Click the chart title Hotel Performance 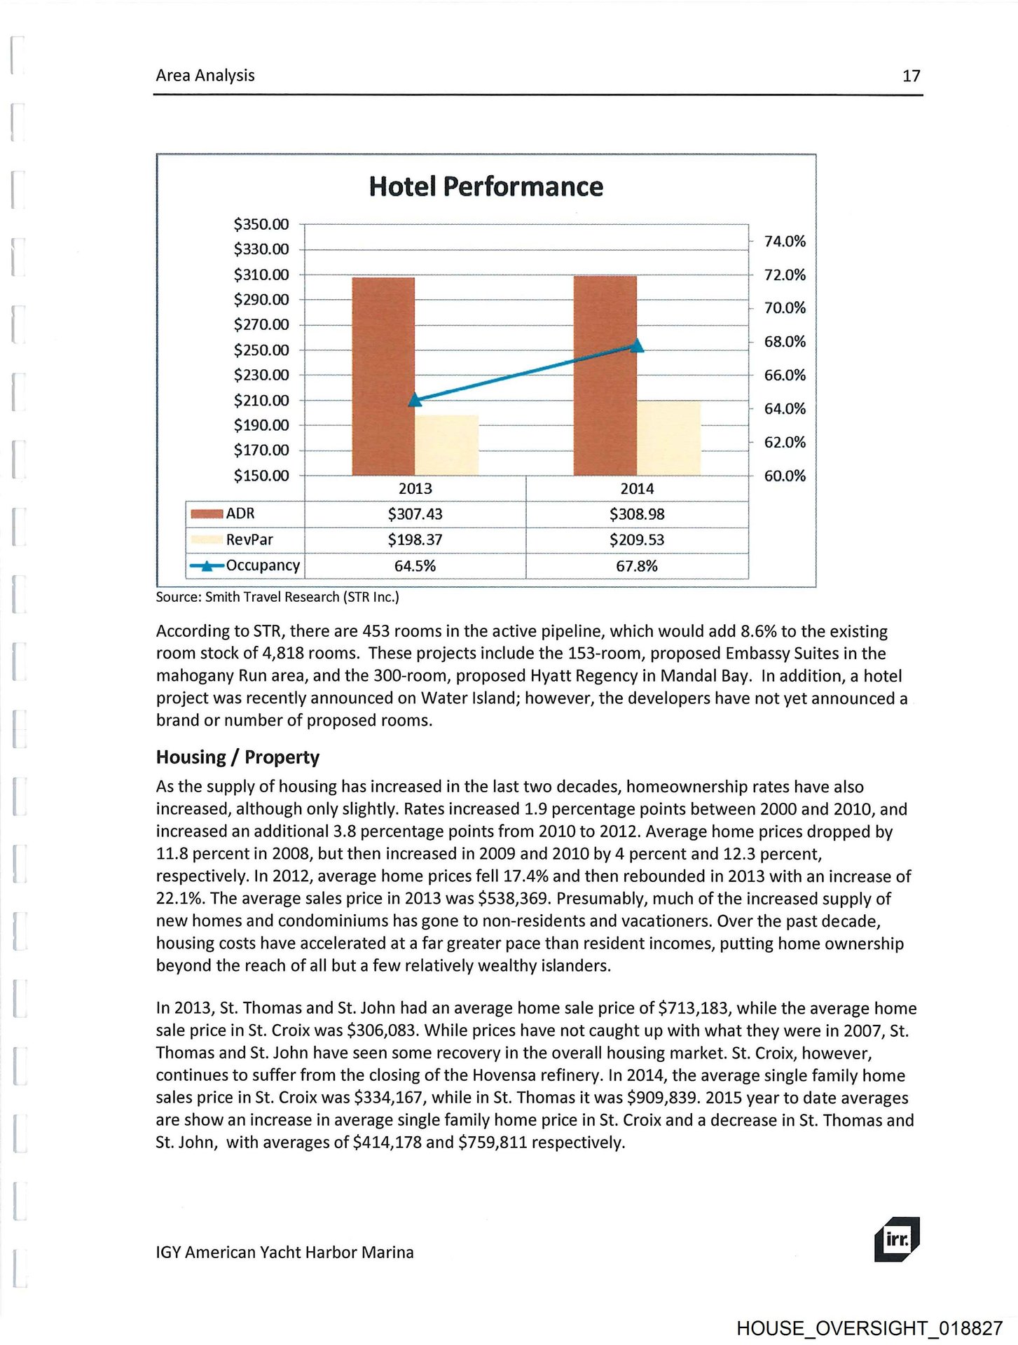tap(486, 186)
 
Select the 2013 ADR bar tap(383, 376)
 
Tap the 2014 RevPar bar tap(668, 438)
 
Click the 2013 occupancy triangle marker tap(415, 399)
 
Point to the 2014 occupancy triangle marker tap(637, 345)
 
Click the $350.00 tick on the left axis tap(261, 224)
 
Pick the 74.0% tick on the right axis tap(785, 241)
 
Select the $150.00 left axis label tap(261, 476)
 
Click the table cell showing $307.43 tap(415, 514)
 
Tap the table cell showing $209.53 tap(636, 540)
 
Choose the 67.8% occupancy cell tap(636, 566)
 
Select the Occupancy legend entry tap(245, 565)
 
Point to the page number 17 tap(911, 76)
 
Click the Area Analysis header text tap(205, 75)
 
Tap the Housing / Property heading tap(238, 757)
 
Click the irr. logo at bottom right tap(896, 1239)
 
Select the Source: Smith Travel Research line tap(277, 597)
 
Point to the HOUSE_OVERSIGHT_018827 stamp tap(869, 1328)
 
